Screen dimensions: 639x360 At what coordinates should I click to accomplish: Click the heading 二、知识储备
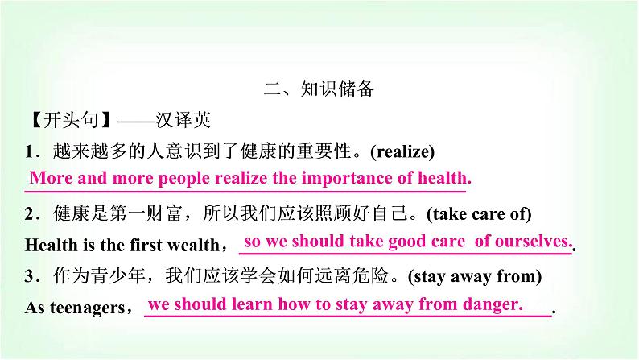(319, 89)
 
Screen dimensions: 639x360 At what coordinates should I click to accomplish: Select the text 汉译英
(183, 120)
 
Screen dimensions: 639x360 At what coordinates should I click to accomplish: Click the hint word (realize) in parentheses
(402, 151)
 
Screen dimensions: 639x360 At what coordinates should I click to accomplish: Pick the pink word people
(184, 179)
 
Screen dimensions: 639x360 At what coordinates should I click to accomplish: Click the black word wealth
(194, 245)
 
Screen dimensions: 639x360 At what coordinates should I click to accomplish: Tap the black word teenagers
(88, 308)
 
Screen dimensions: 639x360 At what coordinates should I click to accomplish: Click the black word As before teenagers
(35, 308)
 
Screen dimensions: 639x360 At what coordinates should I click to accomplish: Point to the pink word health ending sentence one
(444, 178)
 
